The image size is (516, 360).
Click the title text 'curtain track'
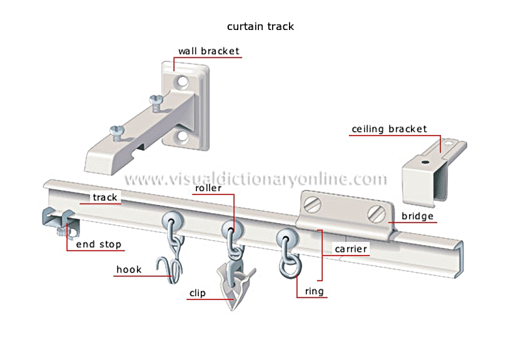260,26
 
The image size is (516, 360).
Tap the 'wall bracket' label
209,51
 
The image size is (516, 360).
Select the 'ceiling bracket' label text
389,129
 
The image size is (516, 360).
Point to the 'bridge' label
417,216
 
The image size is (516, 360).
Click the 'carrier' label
351,249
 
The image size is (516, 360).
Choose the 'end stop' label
99,244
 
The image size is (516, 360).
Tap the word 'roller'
208,187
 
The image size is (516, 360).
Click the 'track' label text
105,197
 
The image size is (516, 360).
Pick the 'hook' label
129,269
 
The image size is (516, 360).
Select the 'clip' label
198,293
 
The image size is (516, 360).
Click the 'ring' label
314,291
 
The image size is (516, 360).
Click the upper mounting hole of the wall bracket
182,81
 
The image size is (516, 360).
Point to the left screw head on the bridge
312,204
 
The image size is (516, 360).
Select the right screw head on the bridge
376,214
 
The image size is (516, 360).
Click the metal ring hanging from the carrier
290,266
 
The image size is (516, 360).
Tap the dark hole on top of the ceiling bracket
425,162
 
